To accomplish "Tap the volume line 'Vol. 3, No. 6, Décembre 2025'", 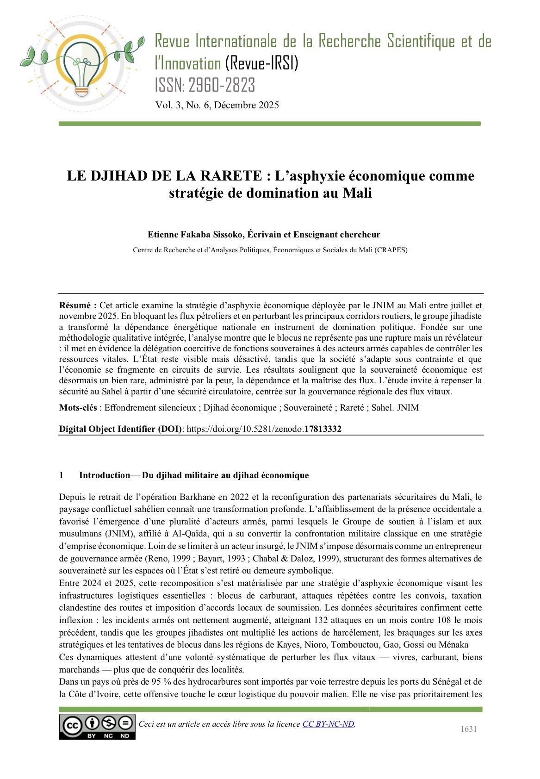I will [217, 105].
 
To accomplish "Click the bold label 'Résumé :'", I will [78, 305].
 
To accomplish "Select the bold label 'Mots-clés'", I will [78, 408].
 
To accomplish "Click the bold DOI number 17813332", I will [323, 429].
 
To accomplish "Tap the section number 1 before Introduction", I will [62, 475].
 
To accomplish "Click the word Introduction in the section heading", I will [105, 475].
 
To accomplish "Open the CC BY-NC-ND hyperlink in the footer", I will [329, 724].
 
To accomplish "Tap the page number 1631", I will [469, 729].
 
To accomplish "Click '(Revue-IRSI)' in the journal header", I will [261, 63].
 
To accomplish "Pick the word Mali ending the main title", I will [357, 193].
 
